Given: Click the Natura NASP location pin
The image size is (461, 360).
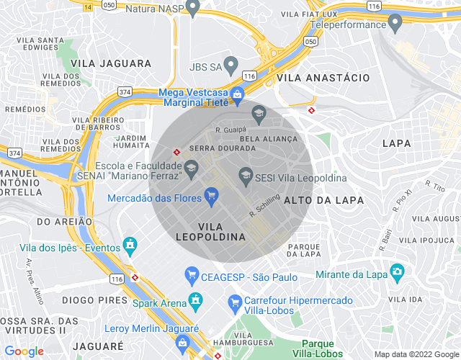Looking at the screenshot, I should point(192,8).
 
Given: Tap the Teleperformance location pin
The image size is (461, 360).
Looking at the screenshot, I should point(395,24).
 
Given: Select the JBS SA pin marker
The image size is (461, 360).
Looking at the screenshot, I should point(230,66).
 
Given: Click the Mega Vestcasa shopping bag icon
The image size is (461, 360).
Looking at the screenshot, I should point(237,94).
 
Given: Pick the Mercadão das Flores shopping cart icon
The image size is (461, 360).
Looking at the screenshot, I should point(211,194).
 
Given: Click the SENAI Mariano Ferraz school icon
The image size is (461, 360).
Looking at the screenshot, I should point(192,170).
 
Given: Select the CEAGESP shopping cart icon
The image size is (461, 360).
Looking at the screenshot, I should point(192,274).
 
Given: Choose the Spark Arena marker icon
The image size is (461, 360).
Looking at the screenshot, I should point(194,299).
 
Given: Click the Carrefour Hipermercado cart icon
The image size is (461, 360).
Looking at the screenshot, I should point(234,301).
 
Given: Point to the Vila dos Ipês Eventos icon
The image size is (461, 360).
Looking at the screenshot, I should point(130,246).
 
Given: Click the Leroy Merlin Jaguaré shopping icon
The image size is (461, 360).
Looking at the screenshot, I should point(183,340).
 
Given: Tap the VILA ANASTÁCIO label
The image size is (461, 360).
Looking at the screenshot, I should point(323,78).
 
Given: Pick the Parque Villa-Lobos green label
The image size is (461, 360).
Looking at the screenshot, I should point(318,348).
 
